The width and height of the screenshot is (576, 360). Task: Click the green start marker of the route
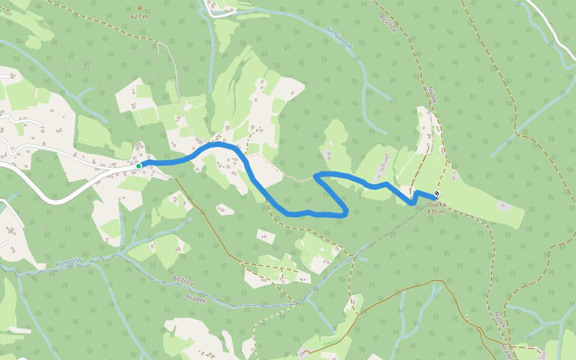[139, 166]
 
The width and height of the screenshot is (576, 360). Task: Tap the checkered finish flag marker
[436, 194]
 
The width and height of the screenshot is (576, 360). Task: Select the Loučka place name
[436, 205]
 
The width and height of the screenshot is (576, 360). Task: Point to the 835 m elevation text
[436, 211]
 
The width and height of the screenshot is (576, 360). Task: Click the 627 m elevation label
[139, 16]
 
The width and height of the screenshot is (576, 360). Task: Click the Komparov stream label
[67, 263]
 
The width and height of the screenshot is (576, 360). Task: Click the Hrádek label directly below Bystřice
[196, 298]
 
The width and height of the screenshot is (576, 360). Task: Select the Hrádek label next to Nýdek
[508, 349]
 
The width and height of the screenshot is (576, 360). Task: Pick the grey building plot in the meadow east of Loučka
[505, 206]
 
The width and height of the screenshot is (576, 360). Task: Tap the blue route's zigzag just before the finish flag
[415, 197]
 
